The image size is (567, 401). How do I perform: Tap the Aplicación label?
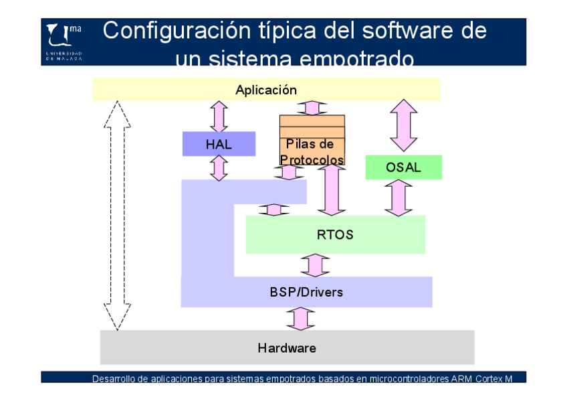click(266, 90)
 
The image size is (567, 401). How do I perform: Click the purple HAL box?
click(219, 144)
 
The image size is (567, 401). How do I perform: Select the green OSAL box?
click(403, 167)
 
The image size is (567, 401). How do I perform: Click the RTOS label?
click(335, 235)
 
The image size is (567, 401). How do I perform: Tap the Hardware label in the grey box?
click(287, 348)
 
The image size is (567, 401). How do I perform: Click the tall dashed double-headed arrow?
click(117, 216)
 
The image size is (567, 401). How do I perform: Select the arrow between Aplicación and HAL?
click(219, 116)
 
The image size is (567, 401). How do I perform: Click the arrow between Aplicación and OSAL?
click(403, 125)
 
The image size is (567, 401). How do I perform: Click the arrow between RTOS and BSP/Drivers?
click(315, 265)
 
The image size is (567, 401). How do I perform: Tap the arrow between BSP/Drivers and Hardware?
click(300, 319)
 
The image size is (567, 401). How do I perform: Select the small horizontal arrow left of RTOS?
click(273, 210)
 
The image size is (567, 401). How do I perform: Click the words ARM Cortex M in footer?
click(481, 379)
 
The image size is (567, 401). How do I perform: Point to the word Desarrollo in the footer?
click(113, 379)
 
